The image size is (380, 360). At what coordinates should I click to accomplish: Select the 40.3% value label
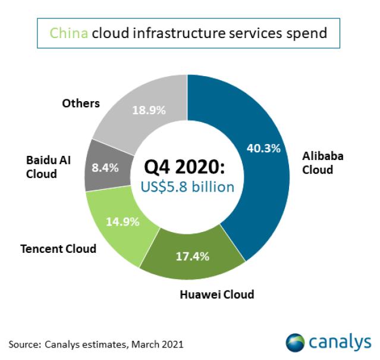tap(263, 148)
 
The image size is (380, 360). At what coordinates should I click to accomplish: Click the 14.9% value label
tap(123, 222)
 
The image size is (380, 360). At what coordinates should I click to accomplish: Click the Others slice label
tap(80, 103)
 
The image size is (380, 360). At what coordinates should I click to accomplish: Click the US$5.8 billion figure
tap(187, 186)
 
